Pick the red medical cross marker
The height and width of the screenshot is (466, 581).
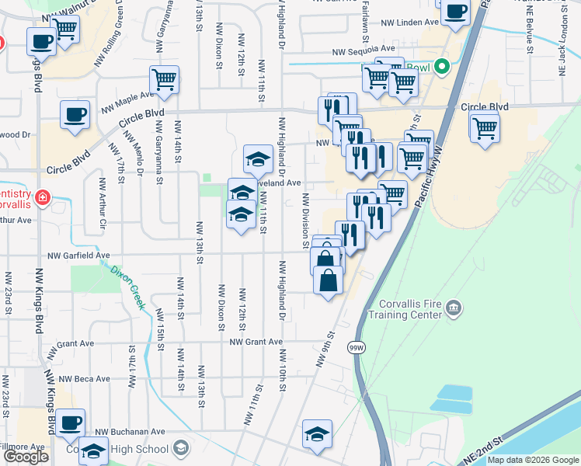point(41,196)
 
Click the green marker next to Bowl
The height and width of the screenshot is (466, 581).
point(442,67)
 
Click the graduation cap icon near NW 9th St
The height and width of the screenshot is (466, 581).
point(317,433)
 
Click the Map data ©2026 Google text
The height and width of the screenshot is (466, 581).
point(533,460)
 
